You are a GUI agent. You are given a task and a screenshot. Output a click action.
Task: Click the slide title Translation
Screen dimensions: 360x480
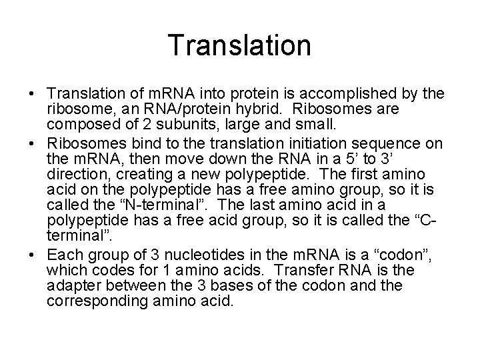(x=239, y=46)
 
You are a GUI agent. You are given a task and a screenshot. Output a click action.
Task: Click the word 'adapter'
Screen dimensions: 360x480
(x=73, y=285)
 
